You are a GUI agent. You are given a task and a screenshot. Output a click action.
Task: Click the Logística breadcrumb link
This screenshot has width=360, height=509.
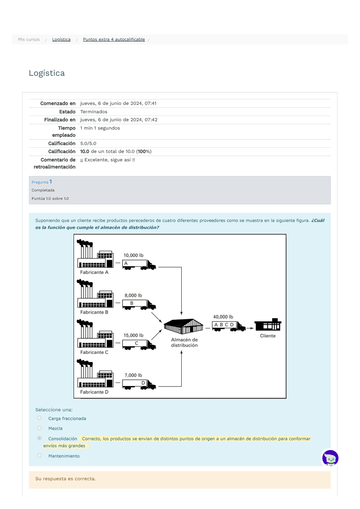pos(61,40)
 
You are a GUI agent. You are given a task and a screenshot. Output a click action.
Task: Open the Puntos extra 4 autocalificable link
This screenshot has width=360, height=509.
pos(114,40)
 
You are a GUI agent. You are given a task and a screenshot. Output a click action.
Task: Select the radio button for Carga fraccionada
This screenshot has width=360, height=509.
pos(39,418)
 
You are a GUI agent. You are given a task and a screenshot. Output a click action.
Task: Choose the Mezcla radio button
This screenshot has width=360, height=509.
pos(39,428)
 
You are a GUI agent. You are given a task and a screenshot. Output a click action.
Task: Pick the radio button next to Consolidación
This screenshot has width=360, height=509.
pos(39,438)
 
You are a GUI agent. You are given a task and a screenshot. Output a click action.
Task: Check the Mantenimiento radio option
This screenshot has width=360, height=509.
pos(39,456)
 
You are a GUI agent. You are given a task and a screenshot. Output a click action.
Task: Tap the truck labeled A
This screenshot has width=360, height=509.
pos(139,264)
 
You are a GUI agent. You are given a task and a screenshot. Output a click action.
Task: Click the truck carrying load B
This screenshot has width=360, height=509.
pos(139,305)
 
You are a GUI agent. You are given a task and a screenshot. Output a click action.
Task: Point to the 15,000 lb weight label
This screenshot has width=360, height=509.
pos(133,335)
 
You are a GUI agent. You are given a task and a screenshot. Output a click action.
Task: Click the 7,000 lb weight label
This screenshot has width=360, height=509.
pos(133,375)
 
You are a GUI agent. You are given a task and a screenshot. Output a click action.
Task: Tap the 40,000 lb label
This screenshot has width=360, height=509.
pos(223,317)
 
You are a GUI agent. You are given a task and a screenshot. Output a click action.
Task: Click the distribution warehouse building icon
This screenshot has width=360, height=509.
pos(183,326)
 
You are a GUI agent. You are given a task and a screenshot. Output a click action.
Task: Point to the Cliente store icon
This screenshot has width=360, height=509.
pos(268,325)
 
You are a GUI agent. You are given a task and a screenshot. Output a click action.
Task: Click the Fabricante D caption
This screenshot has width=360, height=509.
pos(94,392)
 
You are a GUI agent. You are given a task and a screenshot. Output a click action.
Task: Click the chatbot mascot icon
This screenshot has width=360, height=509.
pos(330,458)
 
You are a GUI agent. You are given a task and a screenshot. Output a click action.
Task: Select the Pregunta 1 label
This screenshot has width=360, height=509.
pos(42,182)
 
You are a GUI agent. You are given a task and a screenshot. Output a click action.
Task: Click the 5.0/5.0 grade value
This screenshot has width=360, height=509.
pos(88,144)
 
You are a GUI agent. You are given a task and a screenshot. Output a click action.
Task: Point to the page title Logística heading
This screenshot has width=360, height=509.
pos(47,73)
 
